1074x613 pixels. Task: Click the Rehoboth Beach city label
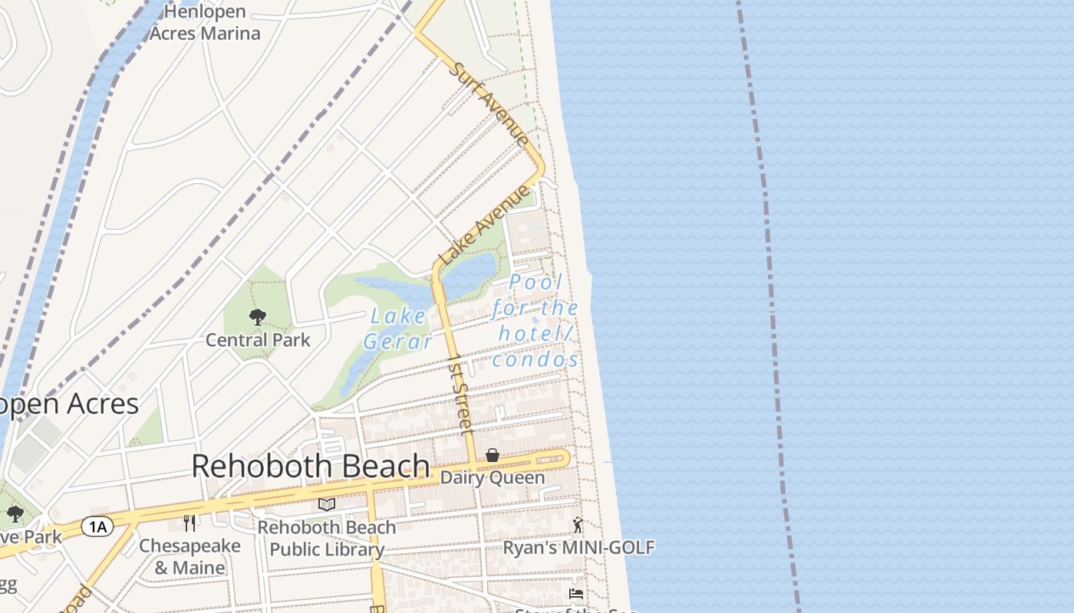click(310, 465)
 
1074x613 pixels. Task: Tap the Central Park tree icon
click(258, 316)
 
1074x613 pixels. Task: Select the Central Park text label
click(258, 339)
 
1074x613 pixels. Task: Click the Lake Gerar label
click(398, 328)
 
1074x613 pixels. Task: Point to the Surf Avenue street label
click(489, 103)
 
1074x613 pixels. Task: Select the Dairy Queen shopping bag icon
click(493, 456)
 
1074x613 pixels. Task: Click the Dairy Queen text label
click(493, 477)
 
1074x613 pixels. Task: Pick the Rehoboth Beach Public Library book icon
click(327, 504)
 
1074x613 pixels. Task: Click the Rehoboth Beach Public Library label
click(327, 538)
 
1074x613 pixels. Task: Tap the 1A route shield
click(97, 526)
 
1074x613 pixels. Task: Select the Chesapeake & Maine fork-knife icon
click(189, 523)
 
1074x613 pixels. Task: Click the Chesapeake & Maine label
click(189, 557)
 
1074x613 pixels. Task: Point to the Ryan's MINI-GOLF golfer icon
click(578, 525)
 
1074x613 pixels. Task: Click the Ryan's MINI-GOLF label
click(578, 547)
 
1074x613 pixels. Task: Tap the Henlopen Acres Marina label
click(205, 22)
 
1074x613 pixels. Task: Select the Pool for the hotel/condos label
click(535, 320)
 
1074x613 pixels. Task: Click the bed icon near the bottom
click(576, 594)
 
